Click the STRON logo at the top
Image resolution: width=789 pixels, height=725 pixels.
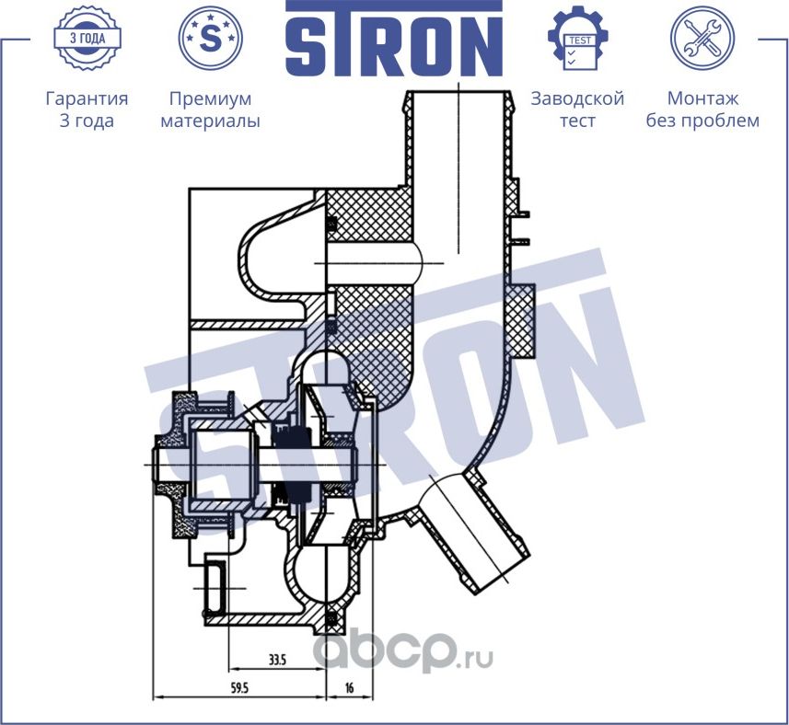click(x=394, y=39)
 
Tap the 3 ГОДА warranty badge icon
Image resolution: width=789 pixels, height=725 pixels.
click(x=87, y=39)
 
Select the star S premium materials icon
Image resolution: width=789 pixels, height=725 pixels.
click(x=210, y=39)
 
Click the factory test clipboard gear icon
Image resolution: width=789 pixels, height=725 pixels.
click(x=578, y=39)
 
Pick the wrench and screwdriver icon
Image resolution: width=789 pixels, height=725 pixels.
click(x=702, y=39)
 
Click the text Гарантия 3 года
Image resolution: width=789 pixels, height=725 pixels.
click(x=87, y=109)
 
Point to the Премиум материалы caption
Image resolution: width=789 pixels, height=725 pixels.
click(x=210, y=109)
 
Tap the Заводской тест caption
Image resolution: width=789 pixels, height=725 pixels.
click(x=578, y=109)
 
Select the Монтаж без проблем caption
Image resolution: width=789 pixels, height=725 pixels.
click(x=702, y=109)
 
